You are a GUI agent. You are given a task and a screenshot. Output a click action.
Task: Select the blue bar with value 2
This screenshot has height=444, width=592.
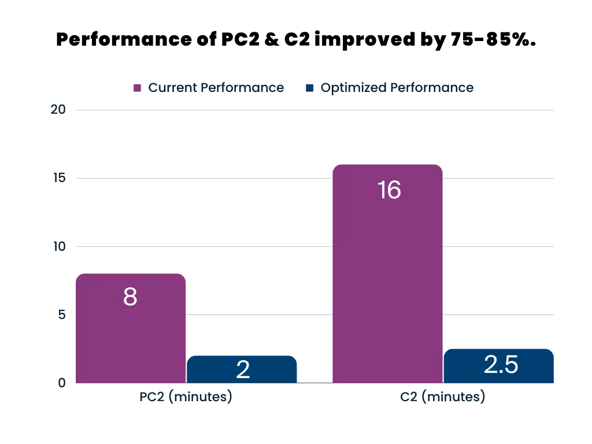[242, 370]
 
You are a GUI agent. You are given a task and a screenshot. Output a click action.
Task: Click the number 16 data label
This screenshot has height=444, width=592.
[388, 190]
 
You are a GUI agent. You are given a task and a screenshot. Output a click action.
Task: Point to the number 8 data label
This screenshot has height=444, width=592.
[130, 297]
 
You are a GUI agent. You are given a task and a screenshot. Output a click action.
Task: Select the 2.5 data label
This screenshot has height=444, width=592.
[501, 365]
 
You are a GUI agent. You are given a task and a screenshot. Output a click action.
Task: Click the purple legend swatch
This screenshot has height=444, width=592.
[136, 88]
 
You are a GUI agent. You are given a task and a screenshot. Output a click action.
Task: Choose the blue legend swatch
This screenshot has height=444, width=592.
[309, 88]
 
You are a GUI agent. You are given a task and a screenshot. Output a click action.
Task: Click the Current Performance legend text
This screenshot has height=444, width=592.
[217, 88]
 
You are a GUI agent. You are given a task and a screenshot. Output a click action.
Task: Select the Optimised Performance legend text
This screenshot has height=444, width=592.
[397, 88]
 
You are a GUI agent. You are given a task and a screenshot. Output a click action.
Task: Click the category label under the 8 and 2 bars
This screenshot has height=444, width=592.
[186, 398]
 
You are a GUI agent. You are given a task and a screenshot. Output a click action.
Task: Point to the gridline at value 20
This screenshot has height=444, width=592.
[312, 109]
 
